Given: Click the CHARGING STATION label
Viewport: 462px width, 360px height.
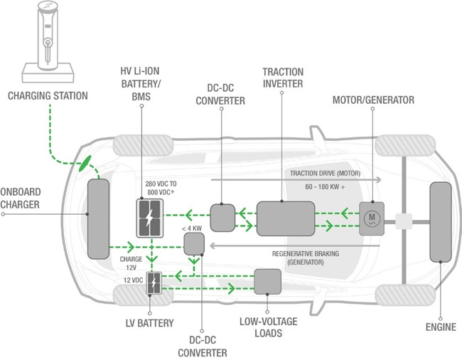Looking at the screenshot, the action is coord(48,96).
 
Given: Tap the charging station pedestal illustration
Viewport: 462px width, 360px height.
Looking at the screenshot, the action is coord(48,41).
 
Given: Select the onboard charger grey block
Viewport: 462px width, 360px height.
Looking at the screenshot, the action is coord(98,219).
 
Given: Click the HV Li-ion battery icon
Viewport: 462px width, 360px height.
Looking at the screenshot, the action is coord(150,218).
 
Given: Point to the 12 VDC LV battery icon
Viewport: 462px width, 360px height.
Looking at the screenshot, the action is coord(154,283).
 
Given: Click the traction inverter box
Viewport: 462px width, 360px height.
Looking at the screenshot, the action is coord(286,218).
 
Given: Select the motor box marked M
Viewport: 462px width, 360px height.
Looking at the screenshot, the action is coord(372,218).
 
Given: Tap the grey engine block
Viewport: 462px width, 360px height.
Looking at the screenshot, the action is coord(441,222).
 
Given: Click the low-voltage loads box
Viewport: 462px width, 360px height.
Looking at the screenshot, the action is coord(267,282).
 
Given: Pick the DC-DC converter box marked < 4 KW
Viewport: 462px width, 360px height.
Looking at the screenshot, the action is coord(194,244).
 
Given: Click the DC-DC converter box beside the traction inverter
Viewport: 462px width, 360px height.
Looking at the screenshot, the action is coord(222,218).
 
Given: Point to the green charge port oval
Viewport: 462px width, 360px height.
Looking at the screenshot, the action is coord(85,164).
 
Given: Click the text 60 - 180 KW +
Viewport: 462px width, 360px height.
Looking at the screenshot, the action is coord(325,186).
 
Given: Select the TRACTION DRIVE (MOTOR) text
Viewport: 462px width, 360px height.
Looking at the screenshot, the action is coord(326,174).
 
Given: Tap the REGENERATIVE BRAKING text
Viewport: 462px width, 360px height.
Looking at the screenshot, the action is coord(305,253).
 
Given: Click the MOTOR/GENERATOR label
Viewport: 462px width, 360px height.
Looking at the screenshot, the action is coord(373,100).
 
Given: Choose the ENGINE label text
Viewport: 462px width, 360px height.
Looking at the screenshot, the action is coord(441,327).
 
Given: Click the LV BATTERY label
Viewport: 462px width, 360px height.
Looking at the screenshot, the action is coord(150,323).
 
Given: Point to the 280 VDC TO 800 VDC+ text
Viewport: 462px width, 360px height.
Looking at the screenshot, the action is coord(161,188).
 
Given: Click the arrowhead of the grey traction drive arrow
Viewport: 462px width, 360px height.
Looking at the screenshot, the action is coord(379,179).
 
